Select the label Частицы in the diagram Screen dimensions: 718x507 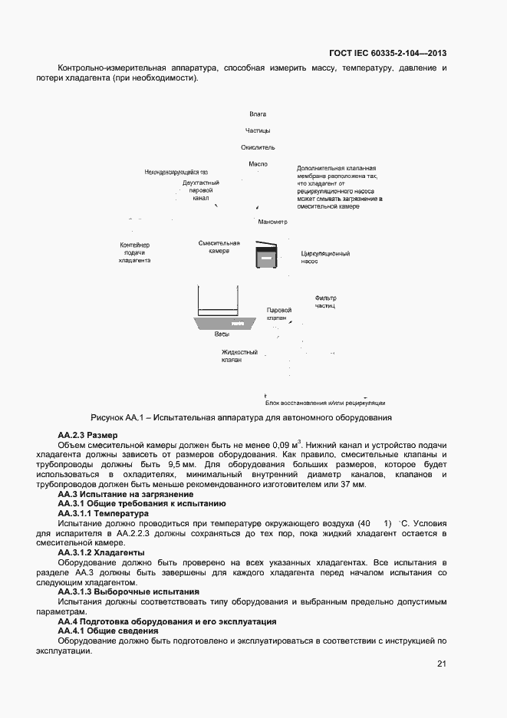258,130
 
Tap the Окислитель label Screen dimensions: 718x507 258,147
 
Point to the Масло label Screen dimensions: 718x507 258,164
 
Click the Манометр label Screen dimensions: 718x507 272,222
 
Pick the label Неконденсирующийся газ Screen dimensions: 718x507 176,172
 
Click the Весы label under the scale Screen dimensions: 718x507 222,334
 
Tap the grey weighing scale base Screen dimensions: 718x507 221,324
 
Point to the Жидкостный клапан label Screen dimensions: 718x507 239,356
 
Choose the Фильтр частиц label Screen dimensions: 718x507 325,301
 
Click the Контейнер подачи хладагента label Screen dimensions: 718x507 134,252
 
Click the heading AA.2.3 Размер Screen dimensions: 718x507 88,435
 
